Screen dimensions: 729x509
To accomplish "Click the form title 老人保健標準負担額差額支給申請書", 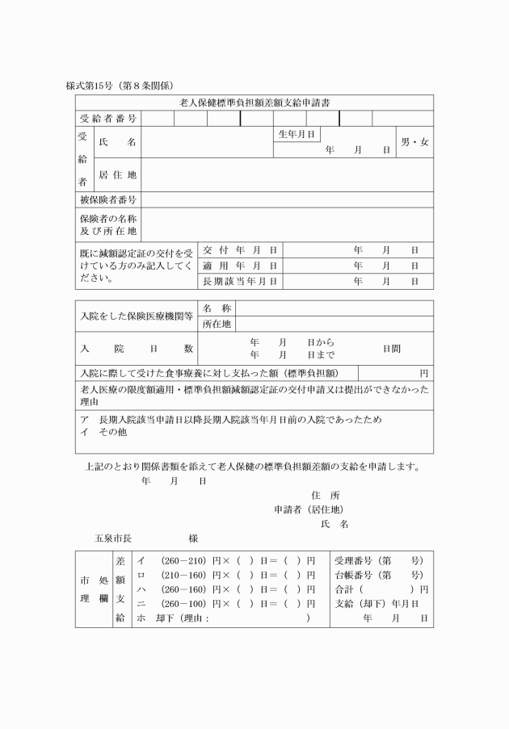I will [254, 103].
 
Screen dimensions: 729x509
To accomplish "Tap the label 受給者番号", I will [108, 119].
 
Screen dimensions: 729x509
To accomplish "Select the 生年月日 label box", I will [297, 134].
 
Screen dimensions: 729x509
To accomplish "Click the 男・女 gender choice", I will [414, 142].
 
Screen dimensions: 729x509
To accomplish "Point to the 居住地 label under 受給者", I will [118, 174].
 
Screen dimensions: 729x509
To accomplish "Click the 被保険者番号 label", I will [108, 199].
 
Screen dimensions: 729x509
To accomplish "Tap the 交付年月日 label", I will [240, 249].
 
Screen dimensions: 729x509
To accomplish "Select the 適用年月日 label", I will [240, 265].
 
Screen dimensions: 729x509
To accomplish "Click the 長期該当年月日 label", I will [240, 281].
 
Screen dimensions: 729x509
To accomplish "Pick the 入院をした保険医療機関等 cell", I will [137, 316].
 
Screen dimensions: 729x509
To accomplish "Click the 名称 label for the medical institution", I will [217, 308].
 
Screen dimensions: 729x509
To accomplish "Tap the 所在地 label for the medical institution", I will [217, 324].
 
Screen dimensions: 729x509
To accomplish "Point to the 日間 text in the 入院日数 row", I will [392, 349].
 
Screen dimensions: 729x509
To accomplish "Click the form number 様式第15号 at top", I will [90, 85].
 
